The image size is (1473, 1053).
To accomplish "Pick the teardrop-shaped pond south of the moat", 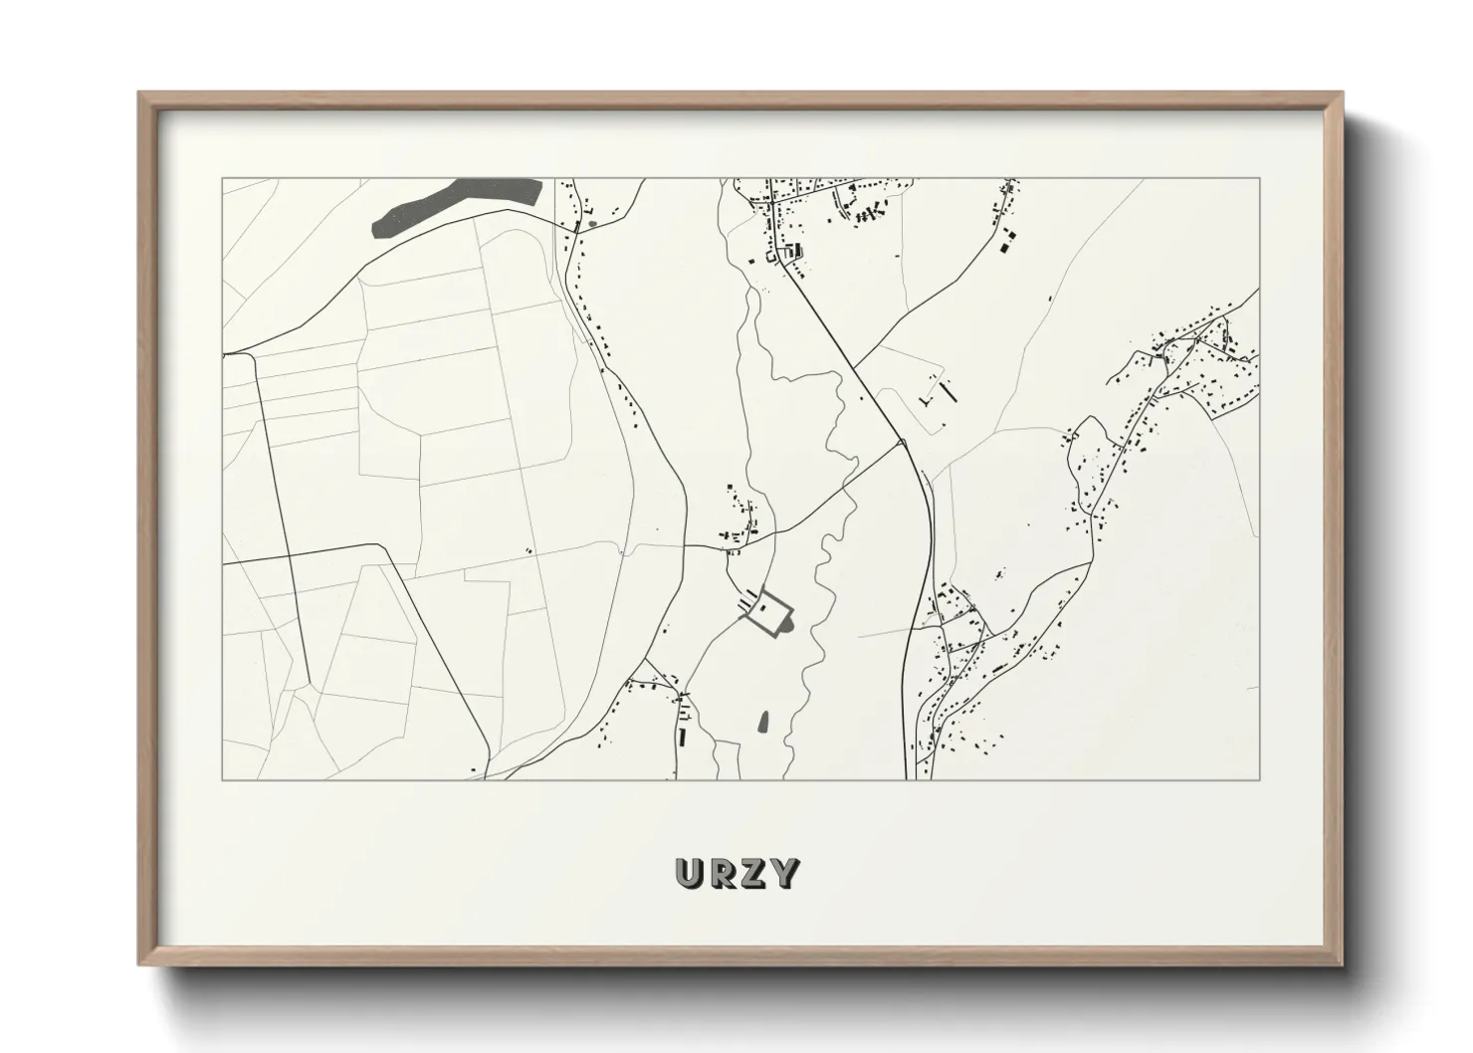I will click(764, 721).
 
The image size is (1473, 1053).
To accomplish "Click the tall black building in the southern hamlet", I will click(683, 737).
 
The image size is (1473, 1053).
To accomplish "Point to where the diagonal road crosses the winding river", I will click(842, 489).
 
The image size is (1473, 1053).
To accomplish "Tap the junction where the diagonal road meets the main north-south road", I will click(900, 441).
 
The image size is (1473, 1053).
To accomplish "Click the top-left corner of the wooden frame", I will click(139, 94).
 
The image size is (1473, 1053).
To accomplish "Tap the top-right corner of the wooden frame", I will click(1343, 94).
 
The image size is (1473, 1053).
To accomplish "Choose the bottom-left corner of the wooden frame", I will click(139, 963).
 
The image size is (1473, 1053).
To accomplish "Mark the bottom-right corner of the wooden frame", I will click(1343, 963).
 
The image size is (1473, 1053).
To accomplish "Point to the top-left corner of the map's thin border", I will click(222, 179).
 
